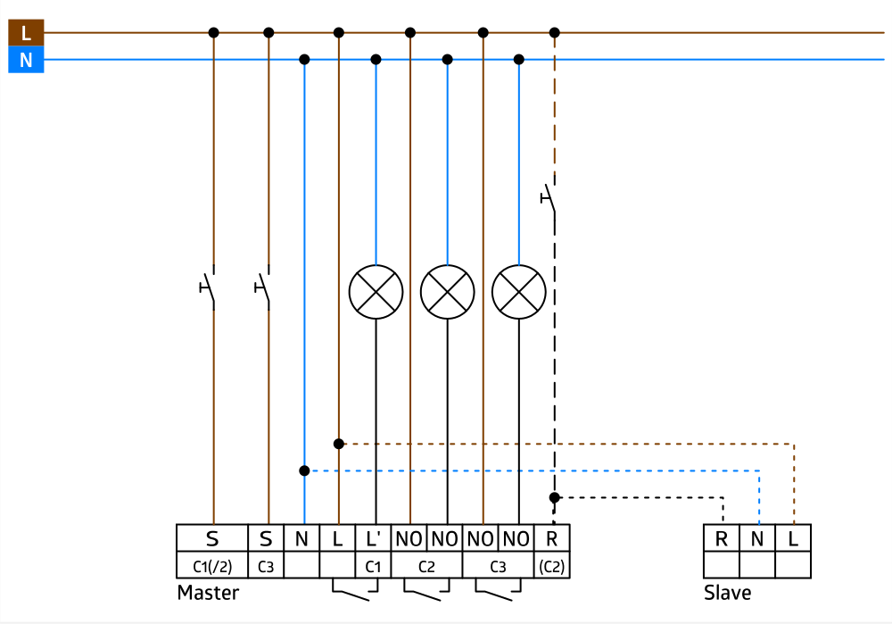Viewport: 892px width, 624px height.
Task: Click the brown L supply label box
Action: [x=26, y=33]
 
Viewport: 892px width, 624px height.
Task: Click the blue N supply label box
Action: [x=26, y=61]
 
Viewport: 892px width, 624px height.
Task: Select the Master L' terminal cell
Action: [x=373, y=538]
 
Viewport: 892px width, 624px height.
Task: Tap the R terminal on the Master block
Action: [x=551, y=538]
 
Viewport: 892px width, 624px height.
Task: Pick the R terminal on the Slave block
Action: [x=722, y=538]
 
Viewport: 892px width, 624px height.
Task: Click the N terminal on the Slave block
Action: [x=757, y=538]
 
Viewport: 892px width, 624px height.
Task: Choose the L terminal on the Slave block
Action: [x=793, y=538]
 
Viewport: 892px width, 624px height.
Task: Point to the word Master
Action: [x=208, y=593]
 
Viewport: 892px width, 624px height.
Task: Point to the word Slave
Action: [x=727, y=593]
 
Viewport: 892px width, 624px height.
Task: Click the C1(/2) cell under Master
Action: [x=212, y=565]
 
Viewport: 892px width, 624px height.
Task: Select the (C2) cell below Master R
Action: [x=551, y=565]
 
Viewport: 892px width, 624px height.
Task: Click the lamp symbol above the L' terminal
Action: [x=375, y=292]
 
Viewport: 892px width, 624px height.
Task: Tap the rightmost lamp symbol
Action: [x=518, y=292]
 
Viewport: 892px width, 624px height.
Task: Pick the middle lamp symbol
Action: [x=447, y=292]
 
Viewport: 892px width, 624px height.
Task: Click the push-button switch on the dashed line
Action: [x=550, y=198]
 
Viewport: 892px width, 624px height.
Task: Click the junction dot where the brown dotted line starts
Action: [x=339, y=444]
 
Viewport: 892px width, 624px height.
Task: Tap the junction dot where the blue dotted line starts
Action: [x=304, y=470]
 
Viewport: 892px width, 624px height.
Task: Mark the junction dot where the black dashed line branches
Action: [x=554, y=497]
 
